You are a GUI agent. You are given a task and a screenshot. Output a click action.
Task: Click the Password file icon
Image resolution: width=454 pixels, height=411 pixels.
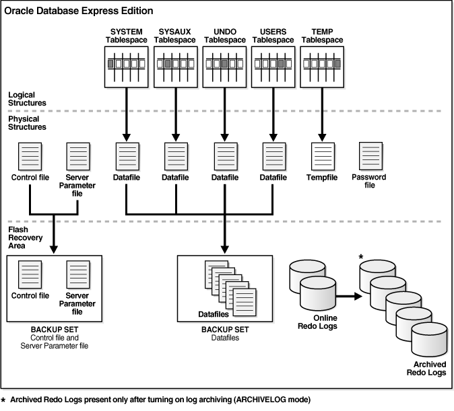[x=370, y=156]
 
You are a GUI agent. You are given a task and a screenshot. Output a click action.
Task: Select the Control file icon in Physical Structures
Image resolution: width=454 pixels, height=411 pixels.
[x=31, y=156]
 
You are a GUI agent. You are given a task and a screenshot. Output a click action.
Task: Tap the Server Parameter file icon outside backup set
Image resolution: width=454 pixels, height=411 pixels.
[x=76, y=156]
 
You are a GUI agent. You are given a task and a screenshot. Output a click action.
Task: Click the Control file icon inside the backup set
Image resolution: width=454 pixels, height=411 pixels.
[x=31, y=275]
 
